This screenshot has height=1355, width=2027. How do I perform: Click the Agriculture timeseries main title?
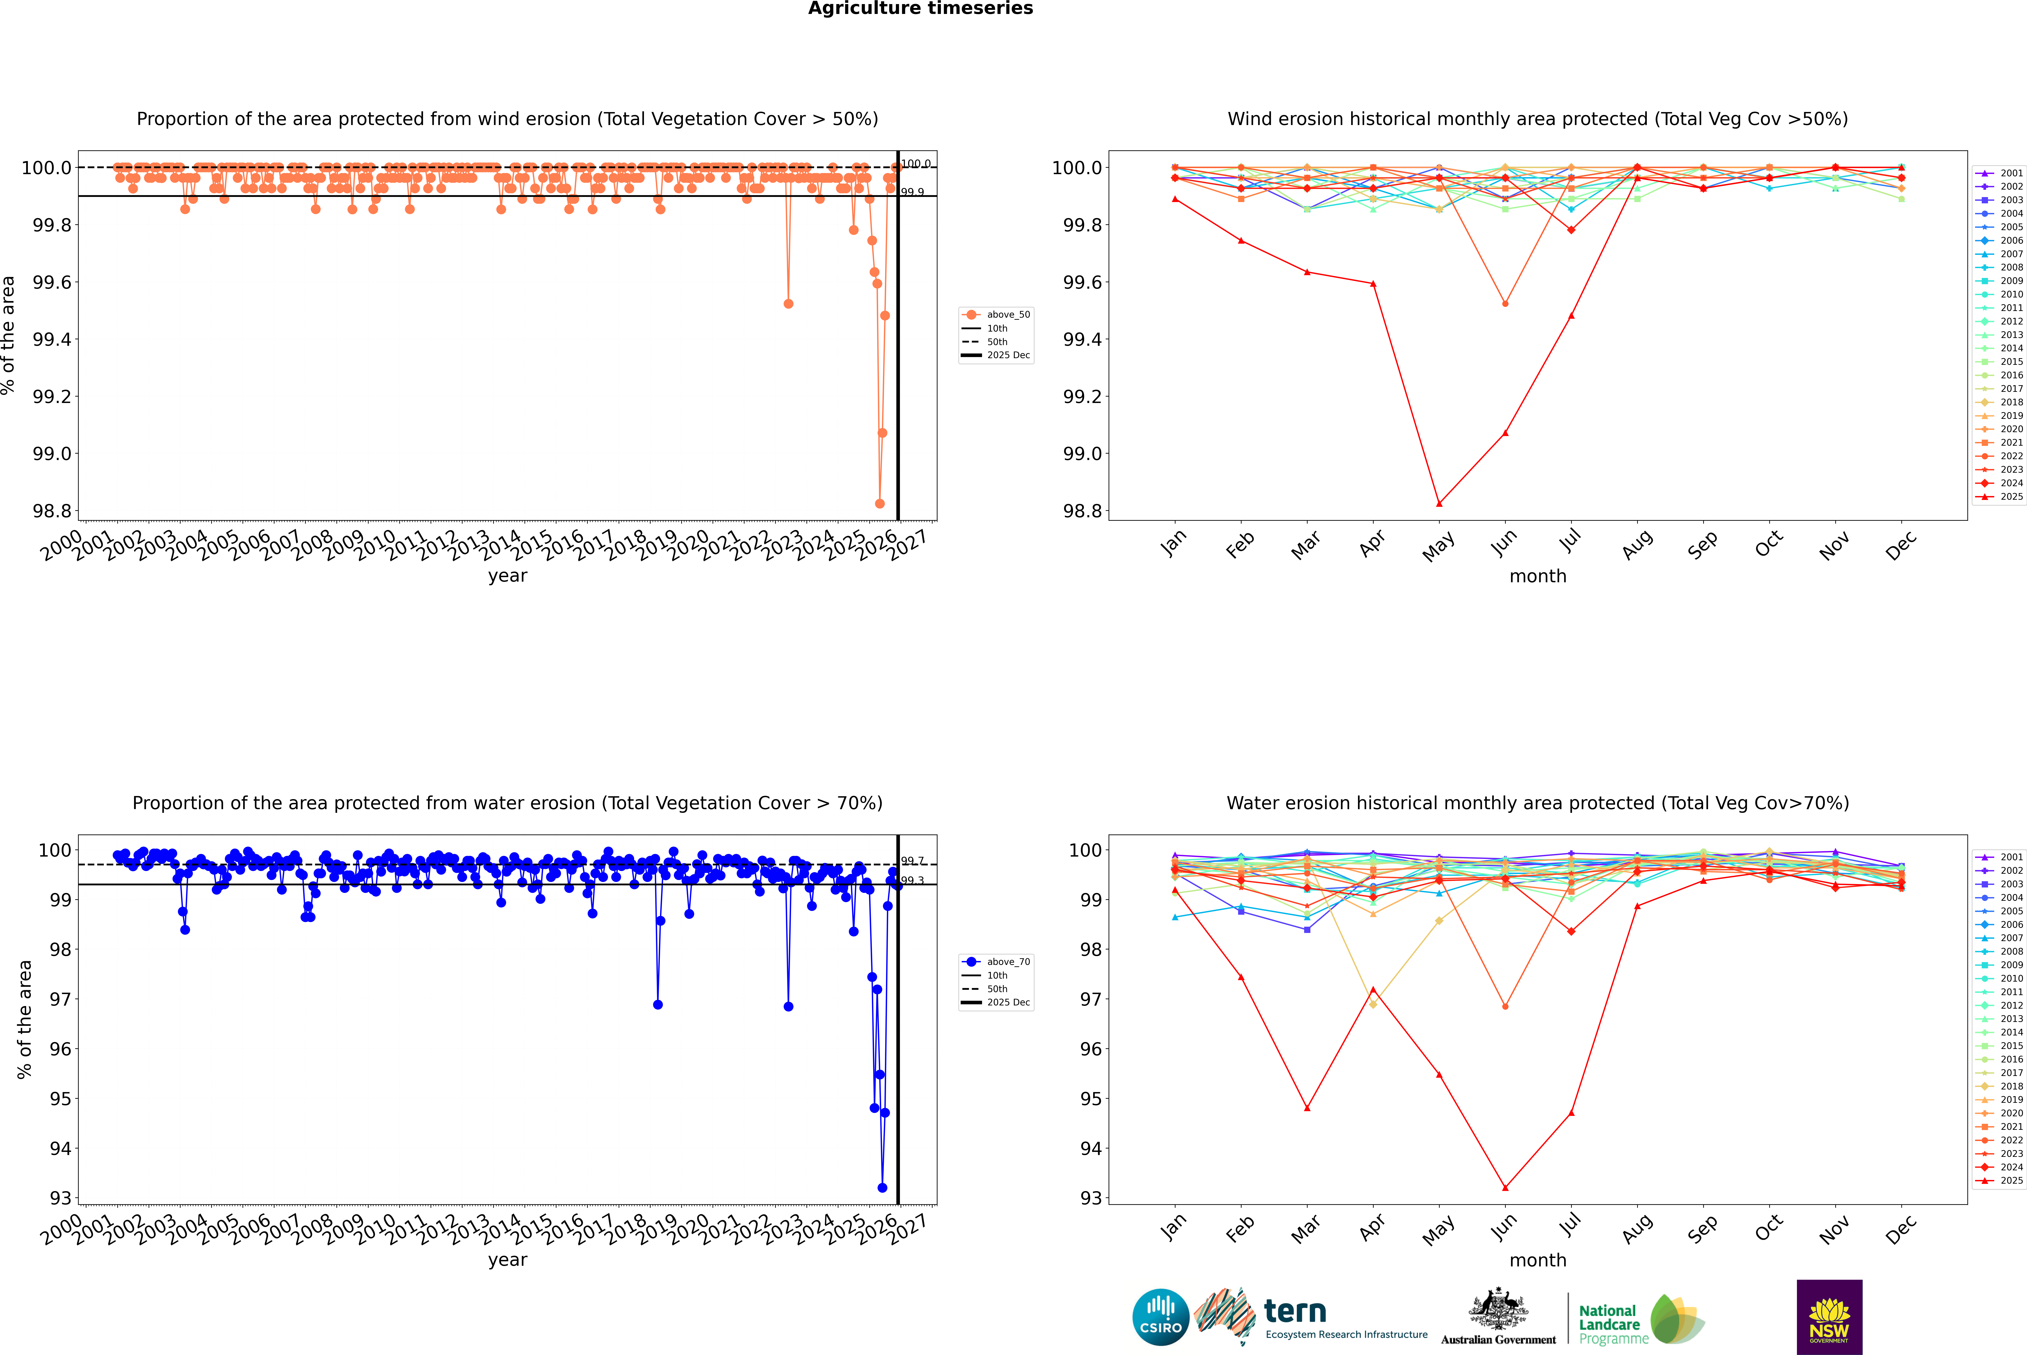pyautogui.click(x=920, y=9)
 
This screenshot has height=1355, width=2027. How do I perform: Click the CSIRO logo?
pyautogui.click(x=1160, y=1317)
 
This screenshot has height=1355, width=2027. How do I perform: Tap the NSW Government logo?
pyautogui.click(x=1829, y=1317)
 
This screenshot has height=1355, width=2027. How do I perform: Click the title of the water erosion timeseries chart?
pyautogui.click(x=507, y=803)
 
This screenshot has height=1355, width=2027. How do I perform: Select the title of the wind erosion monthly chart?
pyautogui.click(x=1537, y=119)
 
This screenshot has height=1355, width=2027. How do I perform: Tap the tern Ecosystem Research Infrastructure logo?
pyautogui.click(x=1311, y=1317)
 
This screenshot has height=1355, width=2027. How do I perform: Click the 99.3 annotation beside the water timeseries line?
pyautogui.click(x=912, y=881)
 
